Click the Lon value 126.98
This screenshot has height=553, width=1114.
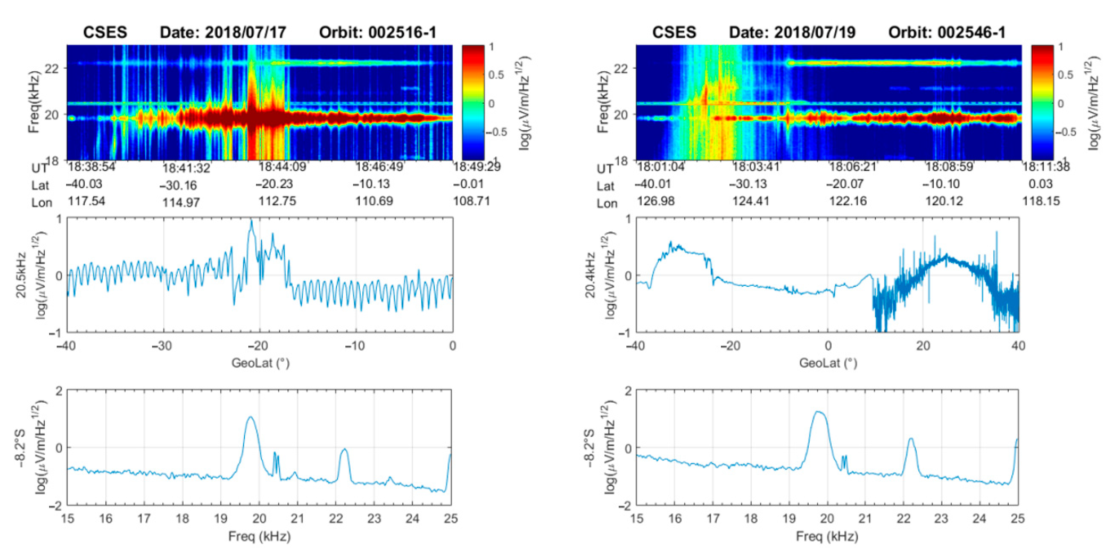(656, 202)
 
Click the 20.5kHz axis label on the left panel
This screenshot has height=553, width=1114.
(21, 275)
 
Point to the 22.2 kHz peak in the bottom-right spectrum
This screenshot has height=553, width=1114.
(911, 439)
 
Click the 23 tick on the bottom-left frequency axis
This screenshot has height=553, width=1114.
(374, 518)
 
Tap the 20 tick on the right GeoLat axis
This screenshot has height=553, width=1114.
(923, 346)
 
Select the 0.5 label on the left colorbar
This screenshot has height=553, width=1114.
(496, 75)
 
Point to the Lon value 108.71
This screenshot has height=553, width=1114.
(471, 202)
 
